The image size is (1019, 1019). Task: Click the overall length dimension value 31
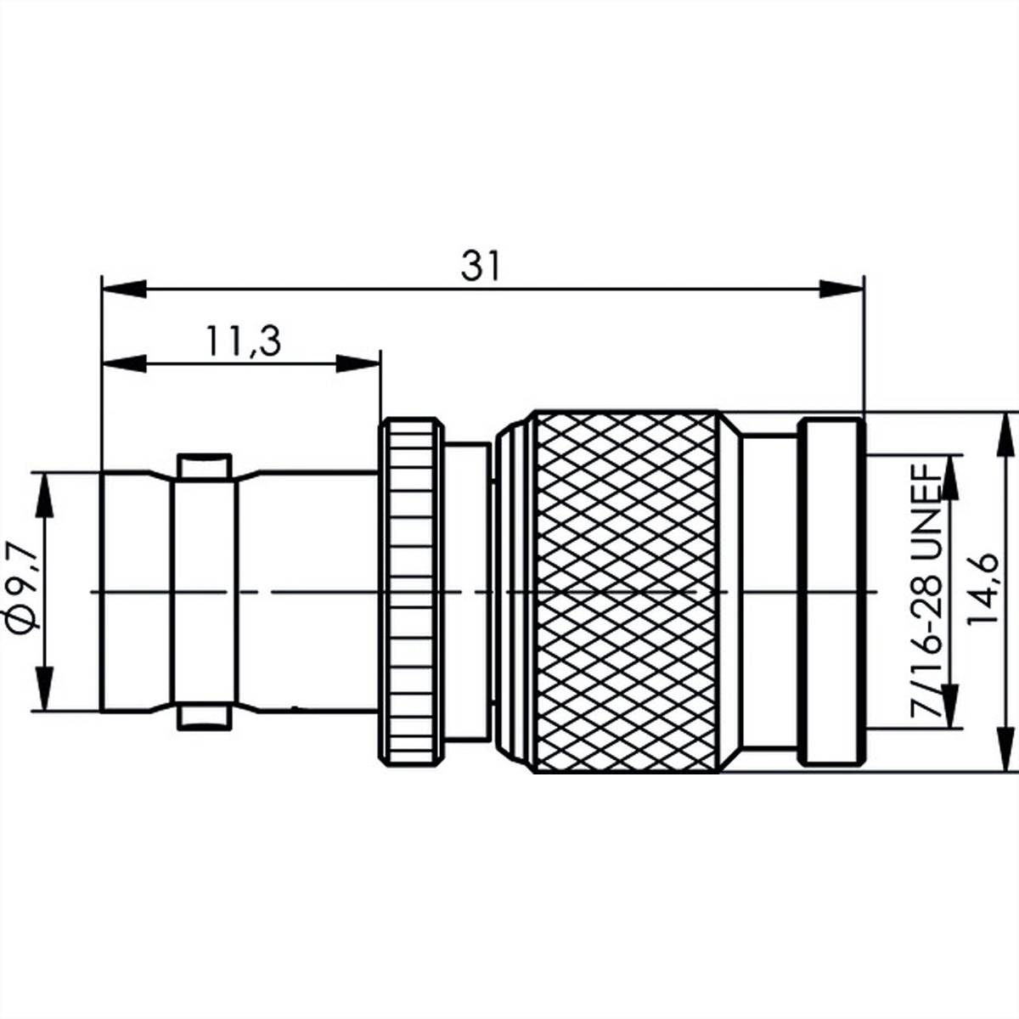coord(481,267)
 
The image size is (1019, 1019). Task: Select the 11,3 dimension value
coord(242,341)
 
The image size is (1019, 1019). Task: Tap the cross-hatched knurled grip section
coord(624,592)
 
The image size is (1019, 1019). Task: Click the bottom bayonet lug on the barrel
coord(204,718)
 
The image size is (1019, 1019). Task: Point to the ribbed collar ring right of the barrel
coord(411,592)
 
